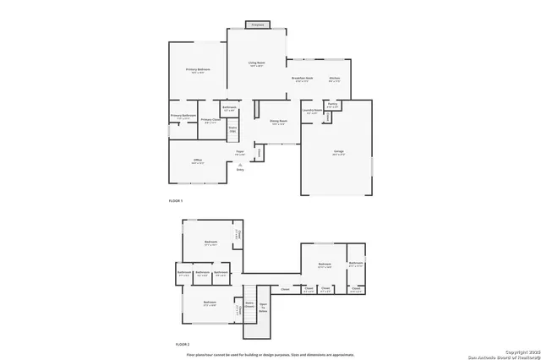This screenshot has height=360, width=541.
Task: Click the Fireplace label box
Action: [x=258, y=25]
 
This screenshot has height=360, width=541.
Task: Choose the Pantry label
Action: [x=333, y=106]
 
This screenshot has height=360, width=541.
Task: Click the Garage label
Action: [x=338, y=153]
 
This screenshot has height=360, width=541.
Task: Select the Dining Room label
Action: [x=278, y=122]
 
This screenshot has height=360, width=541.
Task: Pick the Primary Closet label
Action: [x=210, y=120]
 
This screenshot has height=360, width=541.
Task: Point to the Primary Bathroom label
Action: [x=183, y=116]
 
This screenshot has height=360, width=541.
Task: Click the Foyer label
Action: [x=240, y=153]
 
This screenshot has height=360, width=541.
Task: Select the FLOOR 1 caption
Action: [x=176, y=200]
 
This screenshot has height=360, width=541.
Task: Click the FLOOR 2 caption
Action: [x=182, y=345]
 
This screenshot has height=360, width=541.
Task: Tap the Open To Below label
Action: [x=263, y=308]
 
